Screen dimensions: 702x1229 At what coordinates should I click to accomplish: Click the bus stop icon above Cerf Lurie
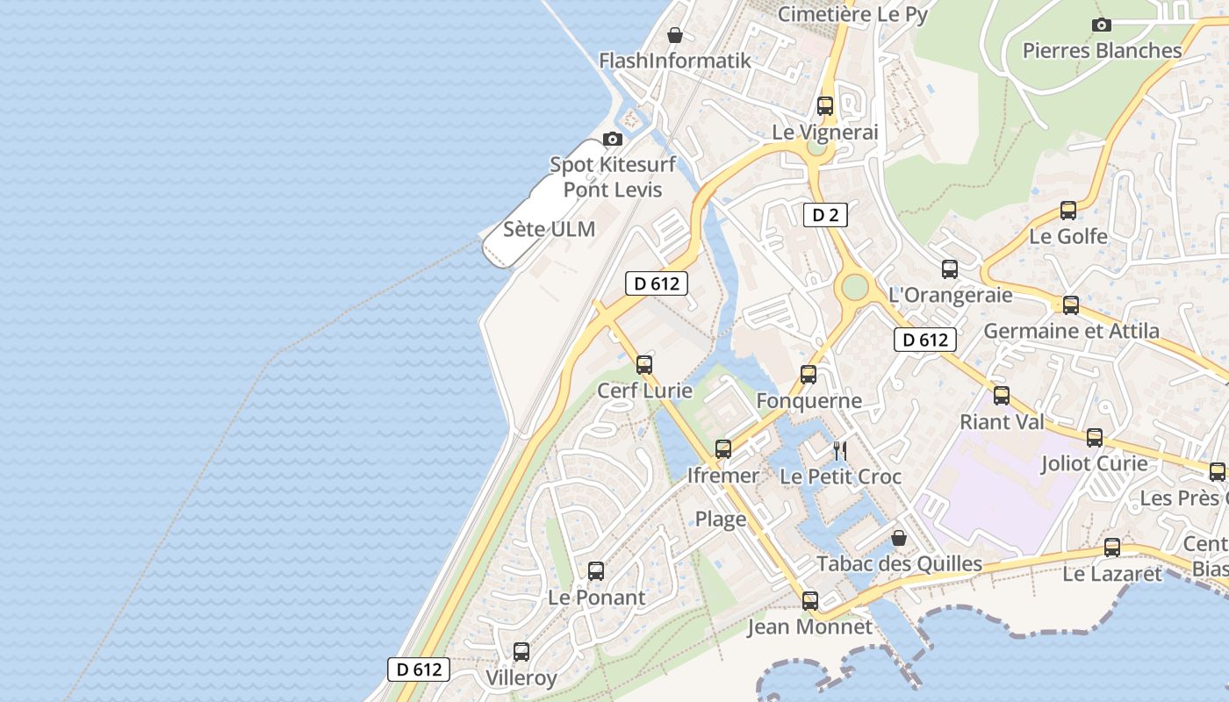[644, 364]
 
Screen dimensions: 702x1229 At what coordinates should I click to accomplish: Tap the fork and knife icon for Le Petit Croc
[840, 451]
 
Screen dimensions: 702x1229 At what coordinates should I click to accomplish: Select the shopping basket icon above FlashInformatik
[675, 35]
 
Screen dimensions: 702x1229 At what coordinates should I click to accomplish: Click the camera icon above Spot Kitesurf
[613, 139]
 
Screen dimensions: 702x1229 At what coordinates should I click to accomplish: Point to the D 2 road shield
[824, 215]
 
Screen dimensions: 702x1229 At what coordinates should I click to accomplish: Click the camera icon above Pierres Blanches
[1102, 25]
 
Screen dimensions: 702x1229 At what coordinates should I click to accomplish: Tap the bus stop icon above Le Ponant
[596, 571]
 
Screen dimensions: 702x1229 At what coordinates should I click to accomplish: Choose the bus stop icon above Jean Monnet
[810, 601]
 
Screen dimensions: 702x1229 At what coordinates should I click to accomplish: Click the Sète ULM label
[550, 230]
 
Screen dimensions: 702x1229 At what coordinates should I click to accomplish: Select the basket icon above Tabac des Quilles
[899, 538]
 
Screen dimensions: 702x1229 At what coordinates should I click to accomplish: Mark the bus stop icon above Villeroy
[521, 652]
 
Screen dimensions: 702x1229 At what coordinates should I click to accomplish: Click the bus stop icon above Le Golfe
[1068, 211]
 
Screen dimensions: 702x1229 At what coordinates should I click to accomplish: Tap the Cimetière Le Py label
[852, 14]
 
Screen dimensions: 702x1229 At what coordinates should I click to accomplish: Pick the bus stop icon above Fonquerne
[809, 375]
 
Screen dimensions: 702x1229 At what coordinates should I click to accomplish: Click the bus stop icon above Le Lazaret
[1112, 548]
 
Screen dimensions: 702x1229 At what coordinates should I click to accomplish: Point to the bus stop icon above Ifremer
[723, 449]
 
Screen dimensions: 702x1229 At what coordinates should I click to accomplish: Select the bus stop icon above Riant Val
[1002, 396]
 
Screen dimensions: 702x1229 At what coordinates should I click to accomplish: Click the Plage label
[721, 519]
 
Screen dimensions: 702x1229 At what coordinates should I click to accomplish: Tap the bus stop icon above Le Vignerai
[825, 106]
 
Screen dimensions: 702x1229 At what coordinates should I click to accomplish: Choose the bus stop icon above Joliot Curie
[1095, 438]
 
